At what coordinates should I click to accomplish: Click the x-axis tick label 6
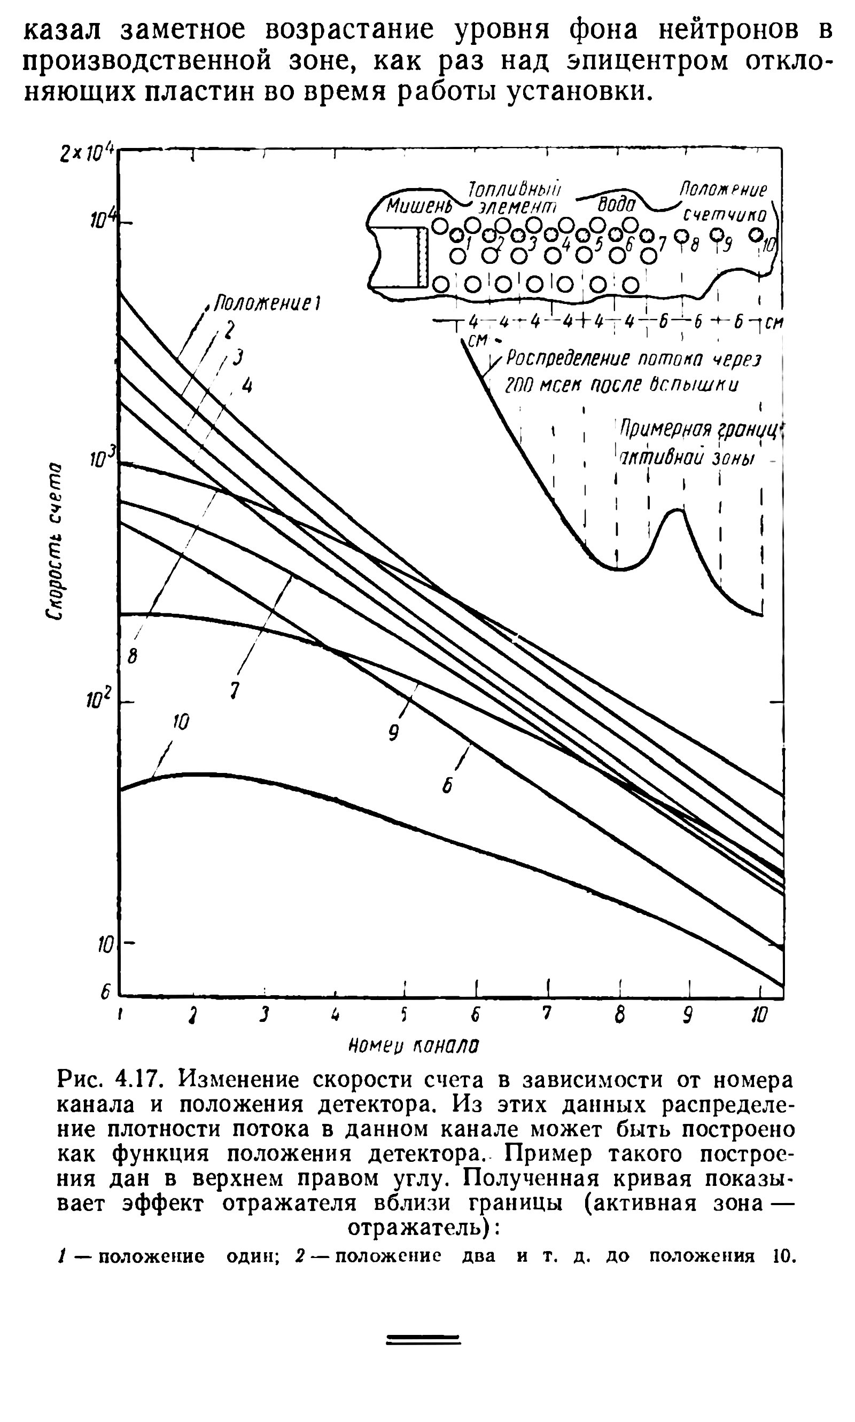(x=475, y=1030)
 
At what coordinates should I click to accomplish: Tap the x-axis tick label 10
(x=759, y=1032)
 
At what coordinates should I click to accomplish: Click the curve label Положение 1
(x=267, y=303)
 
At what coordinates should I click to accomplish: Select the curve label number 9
(x=393, y=732)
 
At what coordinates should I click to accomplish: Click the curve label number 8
(x=133, y=655)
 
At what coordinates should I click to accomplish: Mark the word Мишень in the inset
(x=410, y=206)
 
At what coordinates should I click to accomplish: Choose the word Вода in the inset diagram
(x=616, y=205)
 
